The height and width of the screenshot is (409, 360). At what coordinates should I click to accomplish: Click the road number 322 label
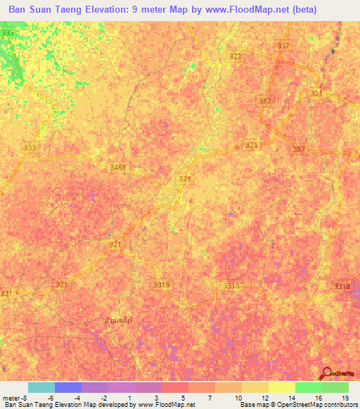click(236, 56)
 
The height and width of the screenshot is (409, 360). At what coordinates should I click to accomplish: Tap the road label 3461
click(119, 167)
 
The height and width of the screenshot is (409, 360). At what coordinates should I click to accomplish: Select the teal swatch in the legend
click(41, 387)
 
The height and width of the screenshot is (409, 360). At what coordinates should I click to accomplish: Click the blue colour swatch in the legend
click(68, 387)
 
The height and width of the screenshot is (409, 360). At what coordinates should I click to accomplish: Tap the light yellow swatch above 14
click(281, 387)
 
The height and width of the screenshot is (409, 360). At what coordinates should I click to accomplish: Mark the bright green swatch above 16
click(308, 387)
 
